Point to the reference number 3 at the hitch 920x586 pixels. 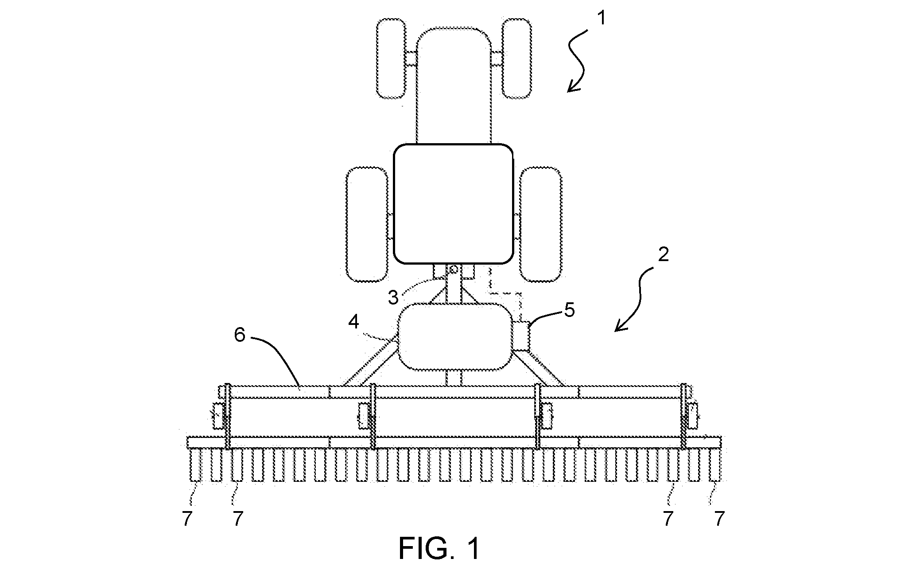393,298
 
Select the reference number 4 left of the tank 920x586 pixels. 353,322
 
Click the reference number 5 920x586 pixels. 569,310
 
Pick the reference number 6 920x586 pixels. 240,335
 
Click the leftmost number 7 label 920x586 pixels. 187,518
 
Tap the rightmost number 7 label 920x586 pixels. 719,518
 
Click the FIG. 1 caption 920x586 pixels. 439,549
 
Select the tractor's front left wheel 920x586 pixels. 391,58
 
